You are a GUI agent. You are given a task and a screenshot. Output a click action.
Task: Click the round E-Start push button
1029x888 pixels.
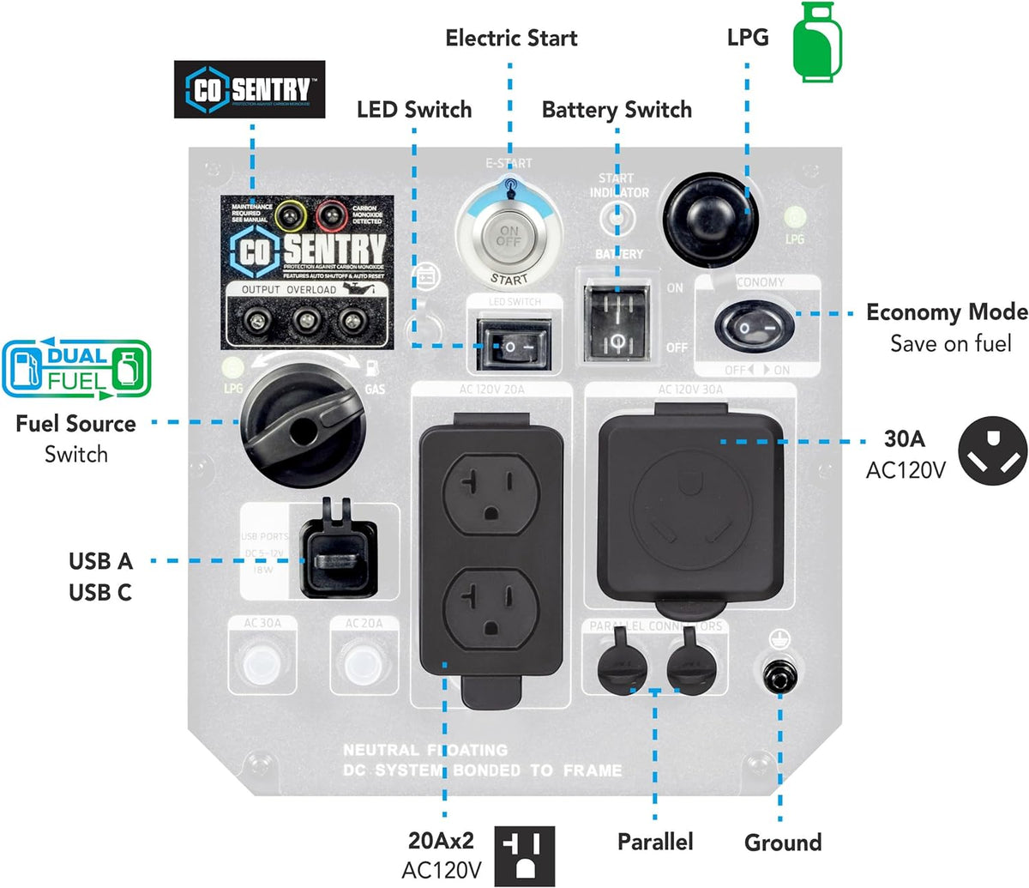tap(508, 237)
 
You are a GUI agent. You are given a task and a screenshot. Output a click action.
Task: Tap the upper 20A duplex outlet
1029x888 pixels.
tap(490, 497)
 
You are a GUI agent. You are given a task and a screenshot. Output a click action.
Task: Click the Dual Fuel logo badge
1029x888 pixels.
tap(76, 369)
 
